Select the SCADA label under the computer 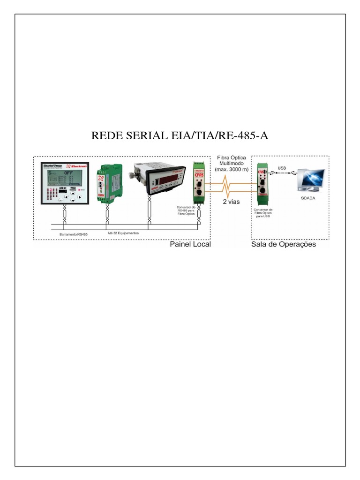pyautogui.click(x=309, y=199)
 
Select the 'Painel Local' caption pyautogui.click(x=190, y=244)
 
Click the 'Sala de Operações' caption pyautogui.click(x=284, y=244)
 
